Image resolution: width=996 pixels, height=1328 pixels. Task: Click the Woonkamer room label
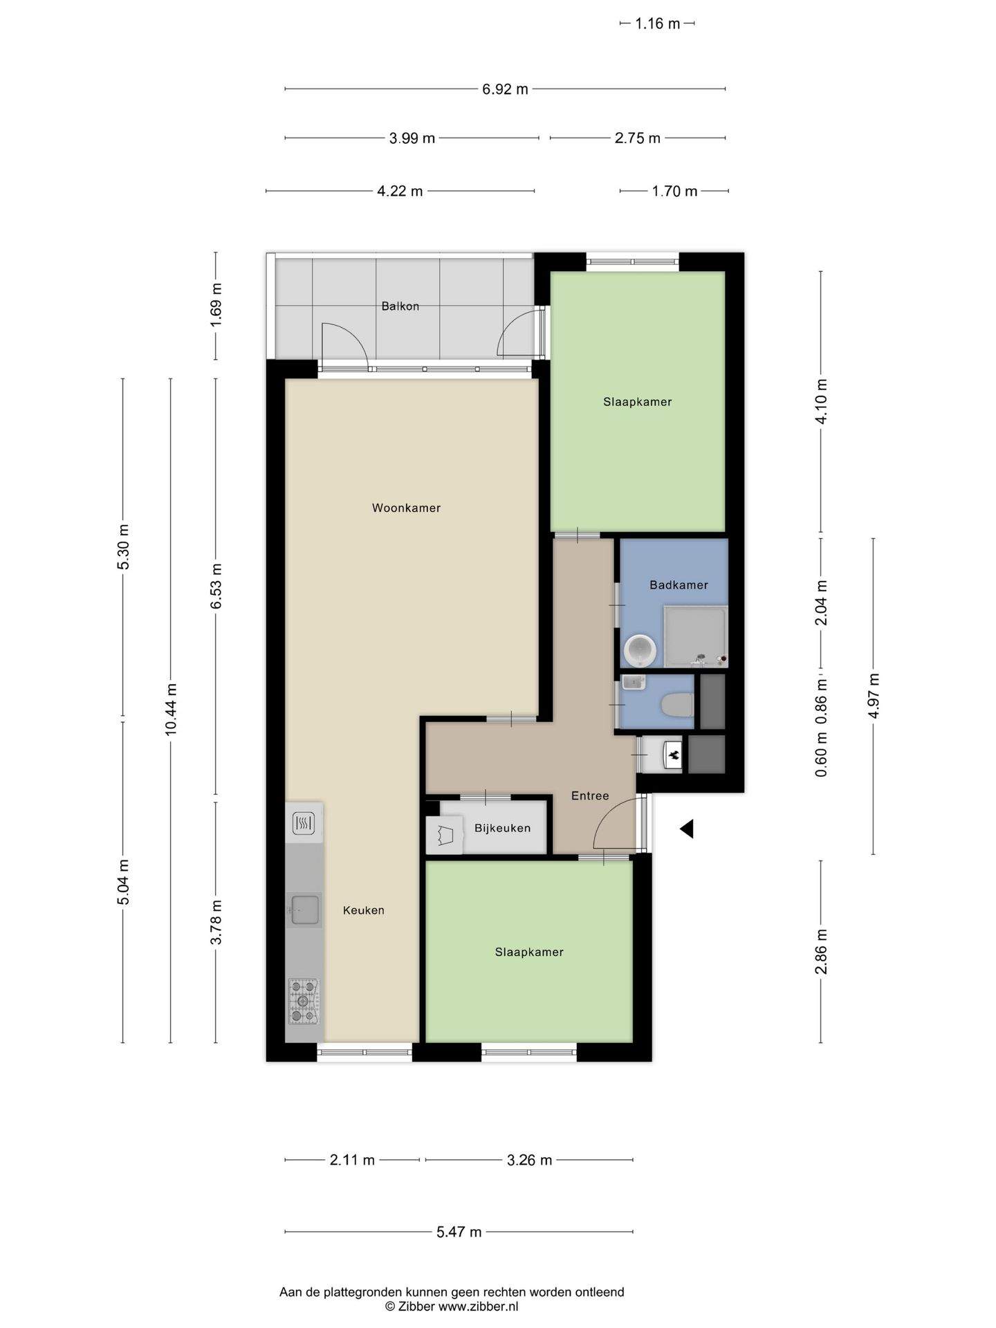tap(406, 508)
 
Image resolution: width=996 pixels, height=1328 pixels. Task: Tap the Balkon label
tap(400, 306)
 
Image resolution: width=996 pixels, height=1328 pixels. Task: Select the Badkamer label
tap(679, 585)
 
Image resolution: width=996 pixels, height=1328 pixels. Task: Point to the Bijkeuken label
tap(503, 828)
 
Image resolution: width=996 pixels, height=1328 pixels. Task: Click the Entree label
tap(590, 795)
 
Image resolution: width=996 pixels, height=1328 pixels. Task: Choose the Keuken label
tap(364, 910)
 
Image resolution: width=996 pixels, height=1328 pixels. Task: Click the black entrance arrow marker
tap(686, 829)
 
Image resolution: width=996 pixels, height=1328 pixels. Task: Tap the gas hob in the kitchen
tap(304, 1001)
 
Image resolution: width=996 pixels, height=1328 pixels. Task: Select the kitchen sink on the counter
tap(304, 910)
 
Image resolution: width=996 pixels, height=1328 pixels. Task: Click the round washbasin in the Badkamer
tap(640, 649)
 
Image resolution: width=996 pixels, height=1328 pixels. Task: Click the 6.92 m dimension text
tap(506, 89)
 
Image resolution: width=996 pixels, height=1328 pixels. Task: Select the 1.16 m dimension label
tap(658, 24)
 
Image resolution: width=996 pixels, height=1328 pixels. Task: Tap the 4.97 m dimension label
tap(874, 696)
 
